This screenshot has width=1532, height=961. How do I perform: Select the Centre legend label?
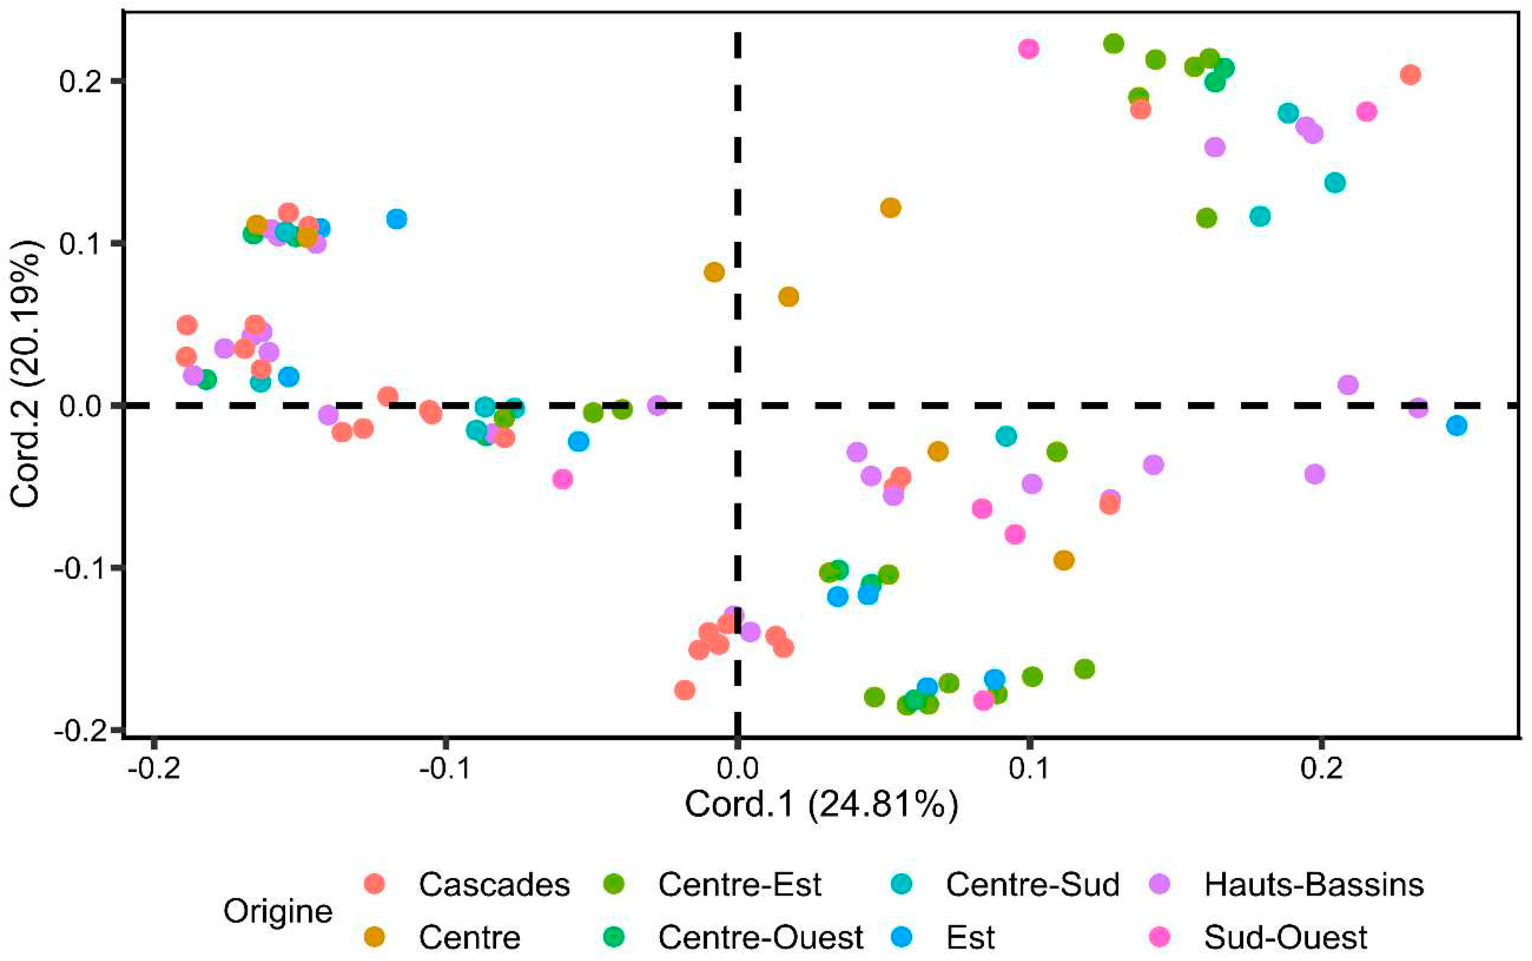pyautogui.click(x=469, y=937)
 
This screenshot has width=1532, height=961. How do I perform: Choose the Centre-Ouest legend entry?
pyautogui.click(x=760, y=937)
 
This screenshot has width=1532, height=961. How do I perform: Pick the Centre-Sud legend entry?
pyautogui.click(x=1032, y=884)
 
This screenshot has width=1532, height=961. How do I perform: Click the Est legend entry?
pyautogui.click(x=970, y=937)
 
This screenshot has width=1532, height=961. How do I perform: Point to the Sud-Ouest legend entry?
pyautogui.click(x=1285, y=937)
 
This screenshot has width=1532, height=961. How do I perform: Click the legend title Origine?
pyautogui.click(x=278, y=911)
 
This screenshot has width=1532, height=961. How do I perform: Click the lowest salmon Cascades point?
pyautogui.click(x=684, y=690)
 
